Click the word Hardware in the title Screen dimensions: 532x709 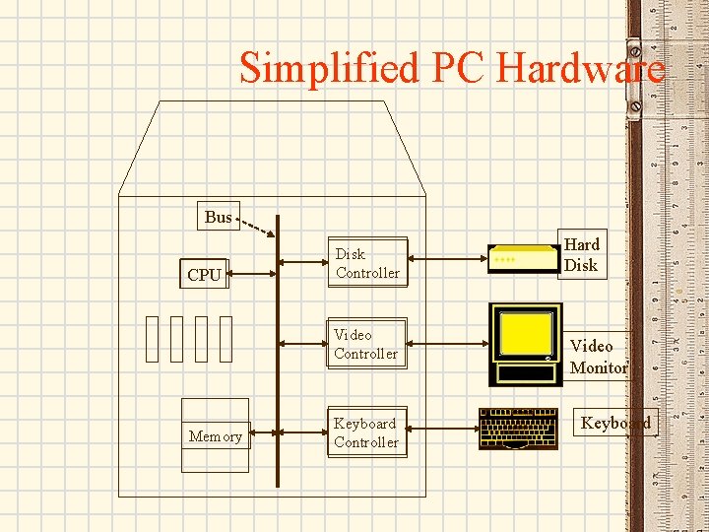click(581, 69)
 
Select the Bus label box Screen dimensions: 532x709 click(218, 217)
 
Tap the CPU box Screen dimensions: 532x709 click(204, 275)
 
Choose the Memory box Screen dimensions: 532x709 click(216, 435)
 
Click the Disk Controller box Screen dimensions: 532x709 click(367, 263)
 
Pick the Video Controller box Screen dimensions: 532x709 click(365, 344)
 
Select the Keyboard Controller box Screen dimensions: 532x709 click(365, 432)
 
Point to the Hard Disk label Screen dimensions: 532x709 click(581, 254)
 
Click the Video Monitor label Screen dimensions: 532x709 click(598, 356)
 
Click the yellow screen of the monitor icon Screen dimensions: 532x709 click(525, 334)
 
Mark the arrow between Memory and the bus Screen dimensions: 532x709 click(262, 431)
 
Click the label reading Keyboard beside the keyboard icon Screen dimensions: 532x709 click(615, 423)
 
